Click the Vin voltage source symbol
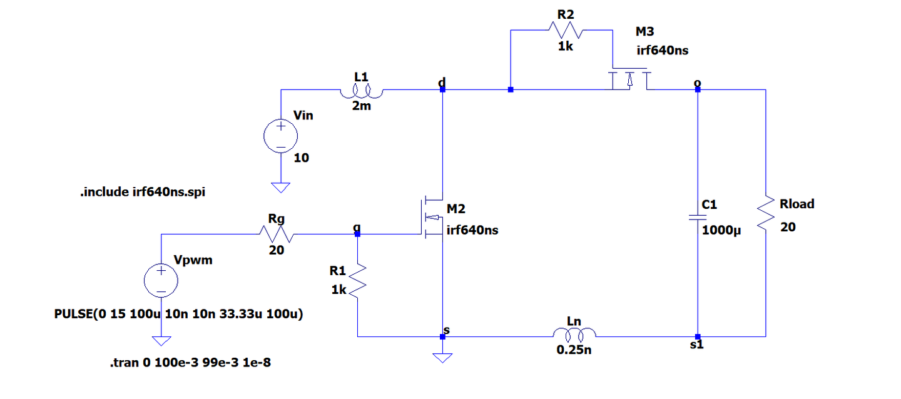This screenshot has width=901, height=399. (281, 136)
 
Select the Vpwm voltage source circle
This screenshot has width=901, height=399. (161, 280)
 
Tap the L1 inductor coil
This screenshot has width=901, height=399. (362, 92)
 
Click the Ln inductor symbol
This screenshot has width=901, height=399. (574, 335)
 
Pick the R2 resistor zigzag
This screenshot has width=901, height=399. (566, 30)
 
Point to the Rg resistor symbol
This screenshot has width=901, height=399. (277, 234)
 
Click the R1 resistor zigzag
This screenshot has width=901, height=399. (357, 281)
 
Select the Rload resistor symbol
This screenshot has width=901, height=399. (765, 213)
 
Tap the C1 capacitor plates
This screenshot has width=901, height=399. (698, 218)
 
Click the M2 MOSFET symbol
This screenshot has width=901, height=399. (433, 217)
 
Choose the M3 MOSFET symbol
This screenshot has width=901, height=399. (629, 79)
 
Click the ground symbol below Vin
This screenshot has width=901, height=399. (281, 188)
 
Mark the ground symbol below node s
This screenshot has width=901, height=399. (442, 358)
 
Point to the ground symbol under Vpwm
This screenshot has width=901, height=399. (161, 341)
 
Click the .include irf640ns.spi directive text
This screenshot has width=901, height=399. (143, 192)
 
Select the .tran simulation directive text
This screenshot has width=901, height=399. (190, 362)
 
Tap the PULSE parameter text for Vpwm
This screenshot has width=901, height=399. (178, 314)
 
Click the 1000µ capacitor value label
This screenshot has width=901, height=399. (721, 231)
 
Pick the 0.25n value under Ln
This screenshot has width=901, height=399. (574, 350)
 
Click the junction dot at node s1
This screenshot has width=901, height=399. (698, 336)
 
